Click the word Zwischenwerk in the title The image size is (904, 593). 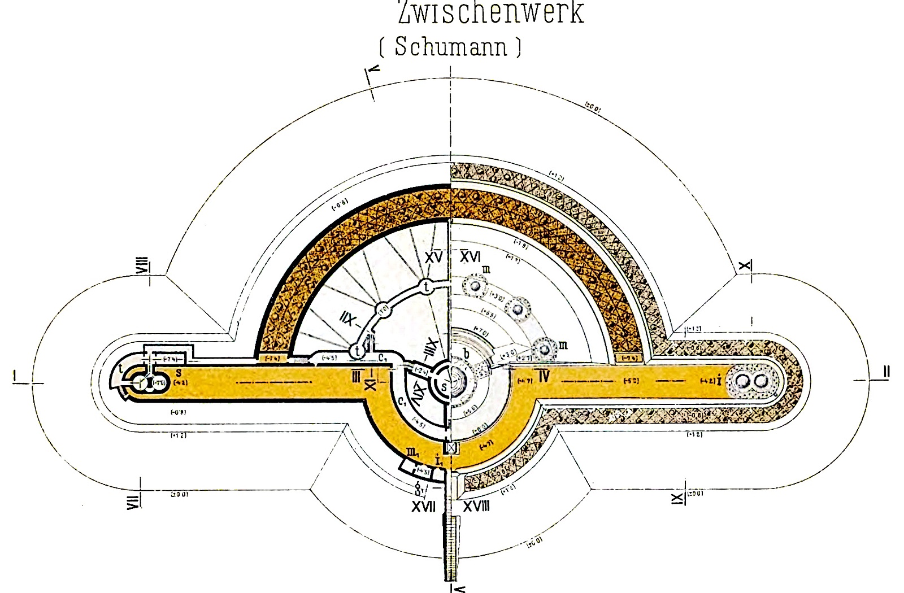pos(490,12)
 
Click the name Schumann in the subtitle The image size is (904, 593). pos(450,46)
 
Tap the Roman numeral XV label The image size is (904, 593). pos(434,258)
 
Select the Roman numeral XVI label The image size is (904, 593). pos(470,257)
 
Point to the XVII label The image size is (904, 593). pos(423,507)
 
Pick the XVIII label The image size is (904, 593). pos(476,507)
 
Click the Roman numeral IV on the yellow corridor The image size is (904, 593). pos(544,376)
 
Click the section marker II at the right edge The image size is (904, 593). pos(886,372)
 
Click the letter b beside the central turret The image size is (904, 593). pos(466,354)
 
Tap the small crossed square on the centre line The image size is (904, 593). pos(451,448)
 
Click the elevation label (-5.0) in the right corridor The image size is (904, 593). pos(631,381)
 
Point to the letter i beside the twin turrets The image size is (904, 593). pos(719,380)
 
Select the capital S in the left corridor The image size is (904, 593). pos(179,373)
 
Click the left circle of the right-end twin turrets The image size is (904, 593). pos(744,382)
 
